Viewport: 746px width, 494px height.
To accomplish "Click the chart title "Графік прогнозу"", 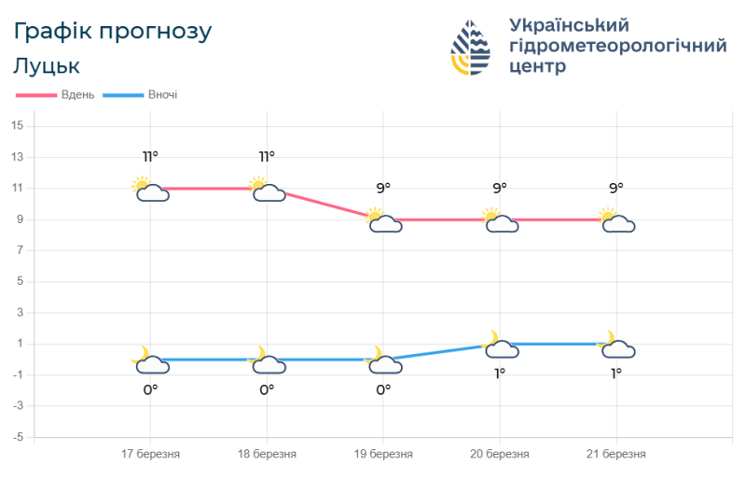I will [113, 32].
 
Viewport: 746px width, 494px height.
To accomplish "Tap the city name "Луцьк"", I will [47, 66].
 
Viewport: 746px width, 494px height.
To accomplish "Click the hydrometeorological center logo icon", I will [472, 47].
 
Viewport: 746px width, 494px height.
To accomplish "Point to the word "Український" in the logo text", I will [570, 24].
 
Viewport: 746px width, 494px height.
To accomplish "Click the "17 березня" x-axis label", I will [150, 454].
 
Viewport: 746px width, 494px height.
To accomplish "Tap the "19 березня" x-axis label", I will [383, 454].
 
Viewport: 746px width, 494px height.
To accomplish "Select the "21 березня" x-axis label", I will [615, 454].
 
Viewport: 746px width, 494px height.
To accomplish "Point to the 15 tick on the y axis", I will [18, 126].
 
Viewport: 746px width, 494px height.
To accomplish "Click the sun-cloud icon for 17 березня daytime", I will [150, 189].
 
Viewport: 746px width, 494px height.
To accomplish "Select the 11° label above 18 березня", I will [267, 156].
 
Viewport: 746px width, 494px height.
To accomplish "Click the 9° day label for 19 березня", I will [383, 188].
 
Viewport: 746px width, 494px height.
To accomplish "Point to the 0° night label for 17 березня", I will [150, 389].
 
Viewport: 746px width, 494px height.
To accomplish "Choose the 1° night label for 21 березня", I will [615, 374].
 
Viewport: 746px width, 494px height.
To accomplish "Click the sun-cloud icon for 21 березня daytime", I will [616, 220].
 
